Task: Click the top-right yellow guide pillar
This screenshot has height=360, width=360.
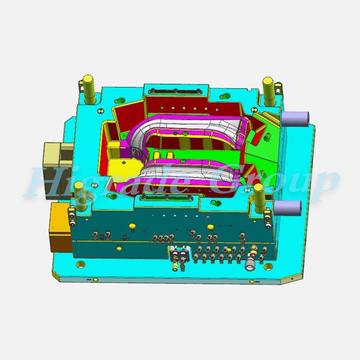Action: [x=269, y=91]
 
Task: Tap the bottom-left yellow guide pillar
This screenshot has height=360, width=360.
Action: [x=81, y=196]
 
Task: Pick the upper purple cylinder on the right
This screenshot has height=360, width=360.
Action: [x=296, y=119]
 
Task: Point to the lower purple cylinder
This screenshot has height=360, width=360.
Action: [x=288, y=208]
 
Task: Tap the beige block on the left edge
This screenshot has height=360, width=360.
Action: [x=58, y=171]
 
